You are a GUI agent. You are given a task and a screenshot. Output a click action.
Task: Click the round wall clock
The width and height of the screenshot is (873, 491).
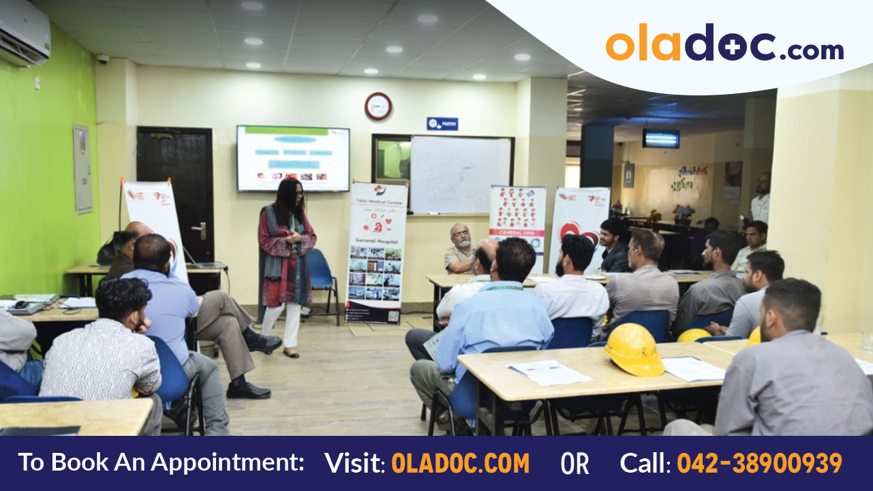[x=378, y=106]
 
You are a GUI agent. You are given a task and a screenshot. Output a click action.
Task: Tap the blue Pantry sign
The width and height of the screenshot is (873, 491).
[x=442, y=123]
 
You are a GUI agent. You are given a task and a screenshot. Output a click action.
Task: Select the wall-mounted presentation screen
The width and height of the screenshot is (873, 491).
[x=293, y=159]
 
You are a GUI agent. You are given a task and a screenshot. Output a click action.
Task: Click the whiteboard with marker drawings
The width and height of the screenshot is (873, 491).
[x=461, y=175]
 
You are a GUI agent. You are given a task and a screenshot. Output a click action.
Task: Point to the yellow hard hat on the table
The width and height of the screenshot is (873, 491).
[x=633, y=349]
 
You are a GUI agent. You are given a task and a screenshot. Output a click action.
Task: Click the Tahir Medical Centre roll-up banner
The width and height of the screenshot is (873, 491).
[x=376, y=252]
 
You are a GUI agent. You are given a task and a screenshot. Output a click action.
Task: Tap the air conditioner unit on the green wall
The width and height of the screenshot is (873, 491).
[x=25, y=33]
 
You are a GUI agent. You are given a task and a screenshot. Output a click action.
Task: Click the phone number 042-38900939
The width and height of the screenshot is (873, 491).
[x=759, y=464]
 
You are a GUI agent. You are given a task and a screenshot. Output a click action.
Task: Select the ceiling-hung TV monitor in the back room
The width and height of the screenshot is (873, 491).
[x=660, y=138]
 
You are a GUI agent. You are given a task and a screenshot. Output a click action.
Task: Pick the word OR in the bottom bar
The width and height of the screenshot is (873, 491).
[x=574, y=464]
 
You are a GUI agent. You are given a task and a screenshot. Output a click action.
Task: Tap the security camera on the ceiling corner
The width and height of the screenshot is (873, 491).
[x=103, y=59]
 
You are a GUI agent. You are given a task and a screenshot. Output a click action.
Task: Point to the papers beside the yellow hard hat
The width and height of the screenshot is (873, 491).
[x=693, y=368]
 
